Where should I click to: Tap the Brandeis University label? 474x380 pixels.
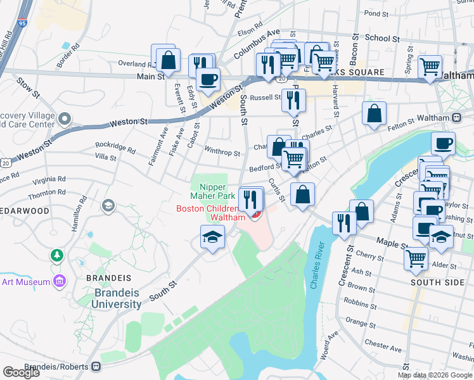118,298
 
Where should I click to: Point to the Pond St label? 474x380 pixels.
376,13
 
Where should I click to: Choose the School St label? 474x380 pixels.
382,39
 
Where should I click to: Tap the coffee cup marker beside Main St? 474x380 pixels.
207,80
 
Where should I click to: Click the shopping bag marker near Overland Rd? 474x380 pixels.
169,61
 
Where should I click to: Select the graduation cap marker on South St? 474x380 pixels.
213,237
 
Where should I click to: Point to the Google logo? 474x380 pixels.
21,372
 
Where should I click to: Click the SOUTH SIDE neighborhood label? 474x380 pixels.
437,282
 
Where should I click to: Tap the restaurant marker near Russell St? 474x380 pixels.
293,100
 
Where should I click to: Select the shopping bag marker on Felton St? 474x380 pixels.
375,114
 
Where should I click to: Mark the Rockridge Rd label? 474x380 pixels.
115,148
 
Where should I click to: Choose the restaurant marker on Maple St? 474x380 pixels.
344,223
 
